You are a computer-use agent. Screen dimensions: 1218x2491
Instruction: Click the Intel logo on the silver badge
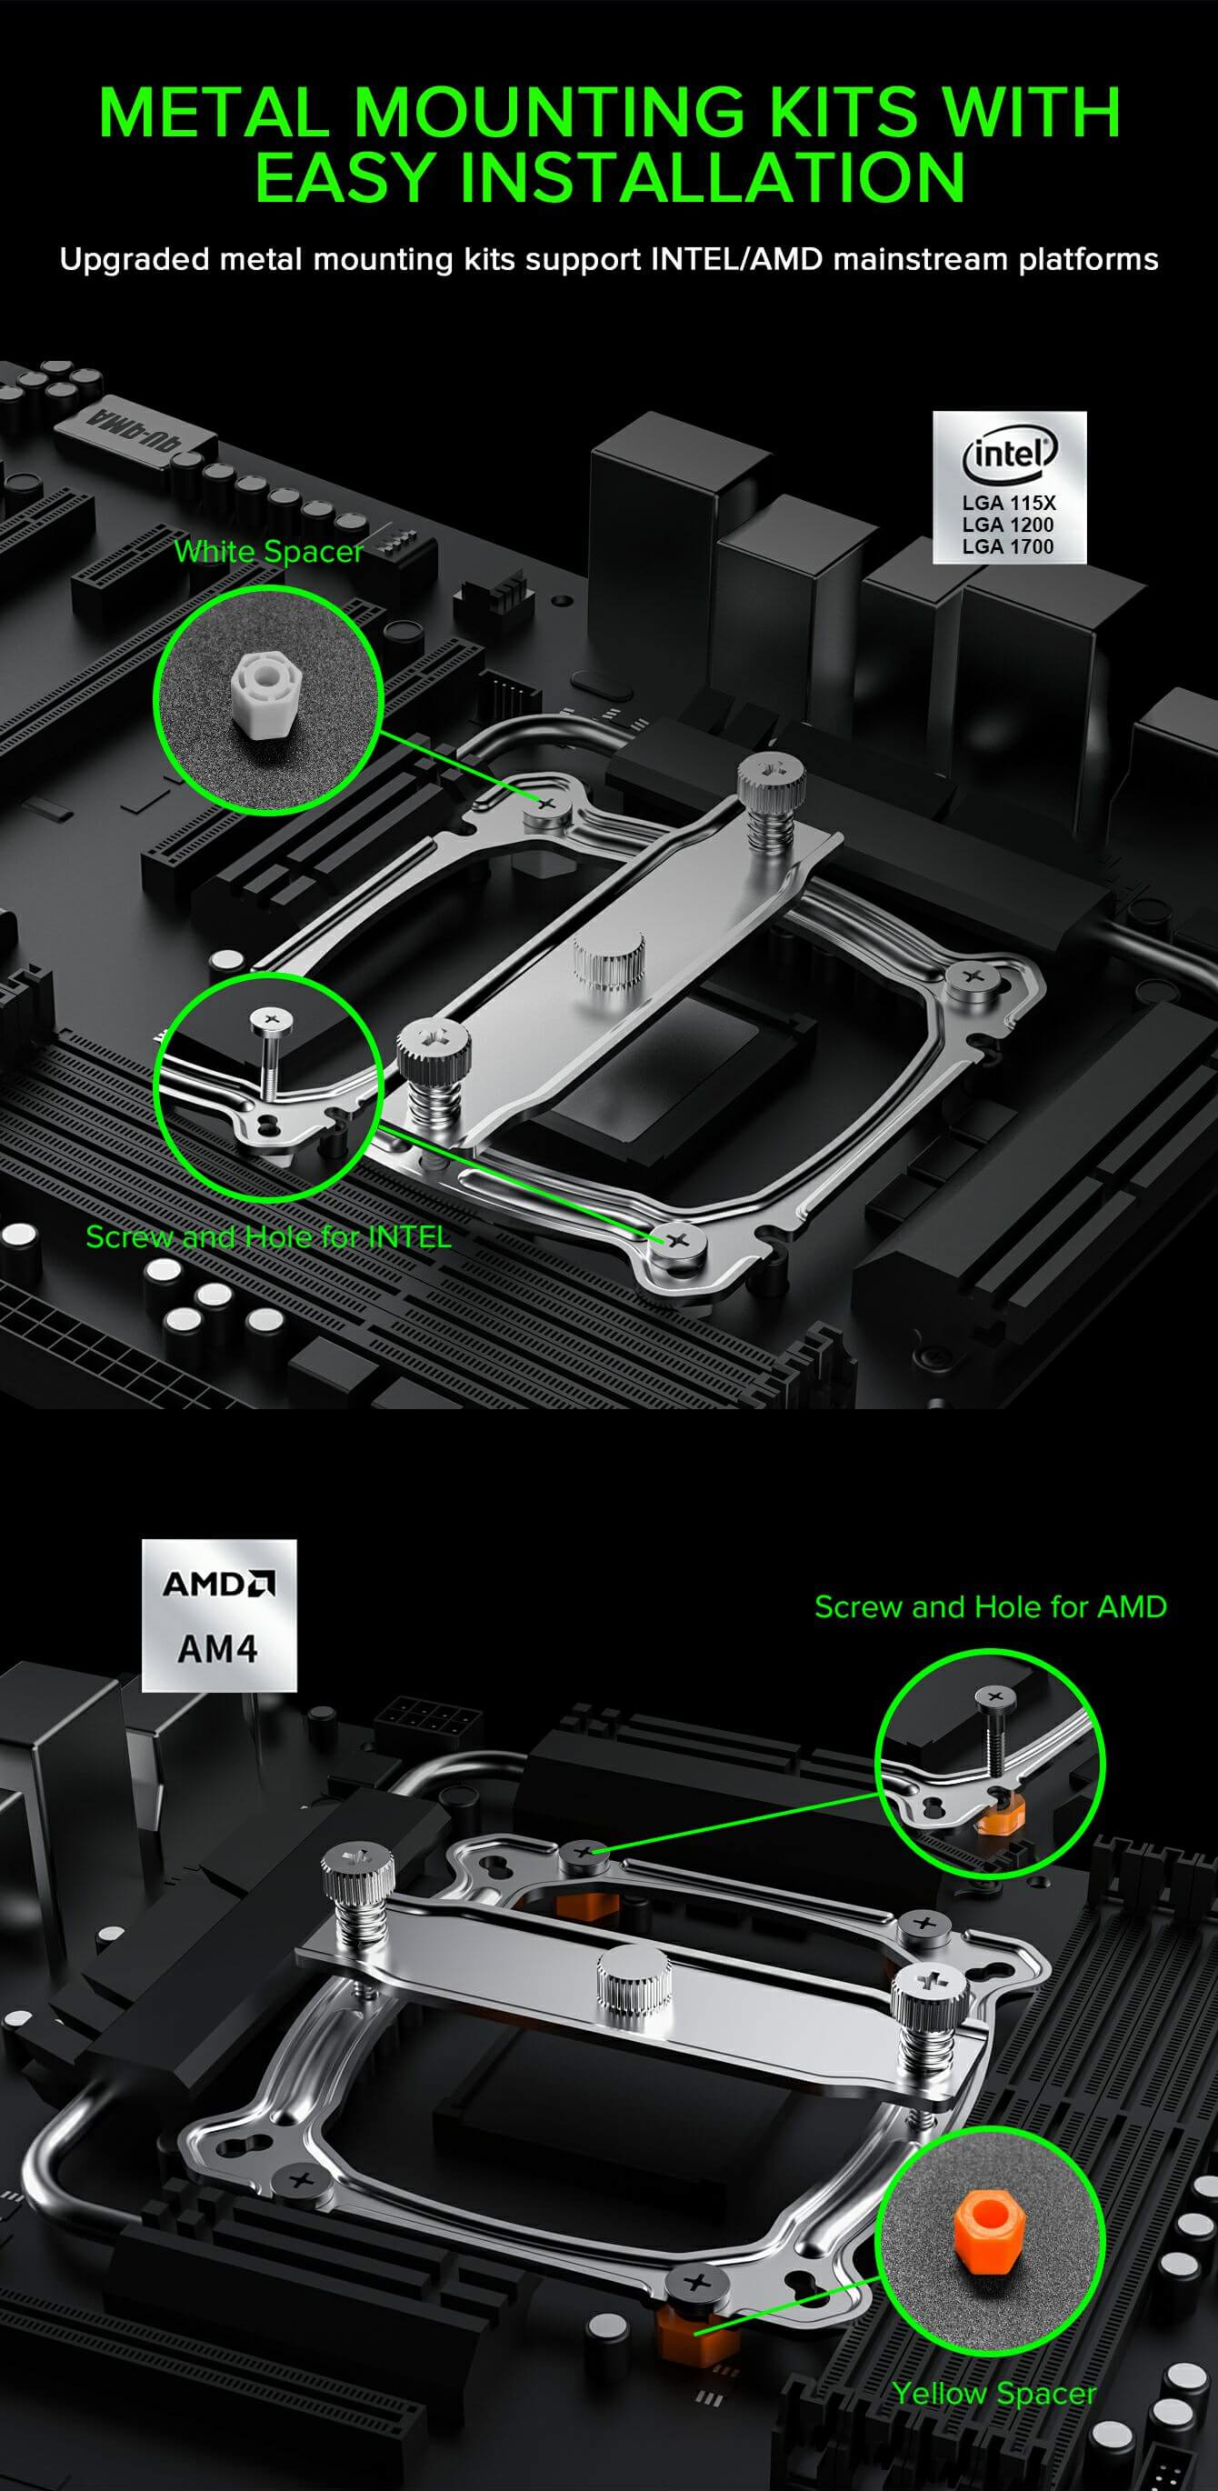pyautogui.click(x=1009, y=454)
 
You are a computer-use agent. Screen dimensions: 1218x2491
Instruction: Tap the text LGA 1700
pyautogui.click(x=1007, y=546)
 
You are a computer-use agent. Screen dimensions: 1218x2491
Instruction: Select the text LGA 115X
pyautogui.click(x=1008, y=503)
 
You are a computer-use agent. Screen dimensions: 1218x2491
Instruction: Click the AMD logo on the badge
pyautogui.click(x=218, y=1585)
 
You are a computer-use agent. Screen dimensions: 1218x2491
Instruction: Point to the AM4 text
pyautogui.click(x=217, y=1649)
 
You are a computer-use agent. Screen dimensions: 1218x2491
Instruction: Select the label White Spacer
pyautogui.click(x=269, y=552)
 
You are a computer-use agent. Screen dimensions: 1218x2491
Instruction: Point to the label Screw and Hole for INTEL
pyautogui.click(x=268, y=1236)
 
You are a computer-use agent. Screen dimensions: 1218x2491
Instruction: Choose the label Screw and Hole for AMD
pyautogui.click(x=991, y=1606)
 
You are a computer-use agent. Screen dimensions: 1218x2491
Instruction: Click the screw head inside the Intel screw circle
pyautogui.click(x=272, y=1019)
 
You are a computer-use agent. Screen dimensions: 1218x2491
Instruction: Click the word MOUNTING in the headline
pyautogui.click(x=548, y=112)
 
